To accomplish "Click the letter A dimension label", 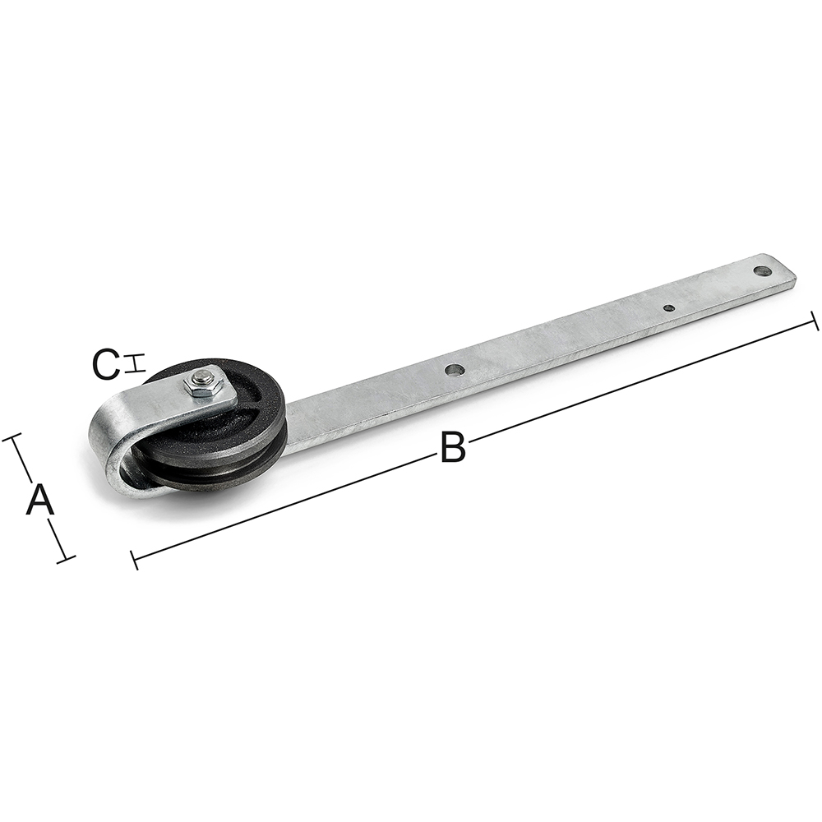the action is tap(39, 500).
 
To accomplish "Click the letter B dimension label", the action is tap(452, 447).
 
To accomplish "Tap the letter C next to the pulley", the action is tap(105, 365).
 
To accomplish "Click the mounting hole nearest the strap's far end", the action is tap(763, 271).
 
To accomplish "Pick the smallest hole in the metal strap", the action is tap(668, 308).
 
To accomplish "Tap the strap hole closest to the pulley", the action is tap(455, 370).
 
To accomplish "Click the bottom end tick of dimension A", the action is tap(66, 559).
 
